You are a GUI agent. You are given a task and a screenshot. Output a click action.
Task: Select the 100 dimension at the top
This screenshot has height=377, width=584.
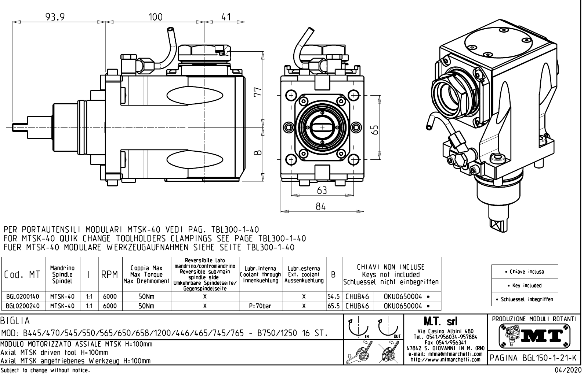(x=155, y=17)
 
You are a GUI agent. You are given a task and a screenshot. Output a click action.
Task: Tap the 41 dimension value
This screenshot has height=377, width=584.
(x=226, y=17)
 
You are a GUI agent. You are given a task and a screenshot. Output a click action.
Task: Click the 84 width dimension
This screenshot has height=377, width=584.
(x=321, y=207)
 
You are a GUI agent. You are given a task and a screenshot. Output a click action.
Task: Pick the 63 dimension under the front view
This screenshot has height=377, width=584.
(x=322, y=191)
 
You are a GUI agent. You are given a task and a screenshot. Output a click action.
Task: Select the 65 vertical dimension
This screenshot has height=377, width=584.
(x=374, y=129)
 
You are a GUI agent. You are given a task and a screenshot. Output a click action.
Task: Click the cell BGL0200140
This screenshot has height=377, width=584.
(x=23, y=296)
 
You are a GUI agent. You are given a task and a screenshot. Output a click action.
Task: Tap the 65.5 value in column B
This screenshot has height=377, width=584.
(x=334, y=306)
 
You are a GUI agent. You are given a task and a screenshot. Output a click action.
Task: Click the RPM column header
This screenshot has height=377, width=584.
(x=110, y=274)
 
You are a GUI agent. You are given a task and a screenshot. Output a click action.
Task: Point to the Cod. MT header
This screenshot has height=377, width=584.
(x=22, y=274)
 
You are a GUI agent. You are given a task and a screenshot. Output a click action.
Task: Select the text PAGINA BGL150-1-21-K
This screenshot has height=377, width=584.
(x=534, y=358)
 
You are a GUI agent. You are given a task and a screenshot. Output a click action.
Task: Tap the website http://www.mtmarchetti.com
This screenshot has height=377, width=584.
(x=445, y=359)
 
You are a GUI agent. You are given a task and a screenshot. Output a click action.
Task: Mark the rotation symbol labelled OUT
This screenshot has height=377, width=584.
(x=389, y=328)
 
